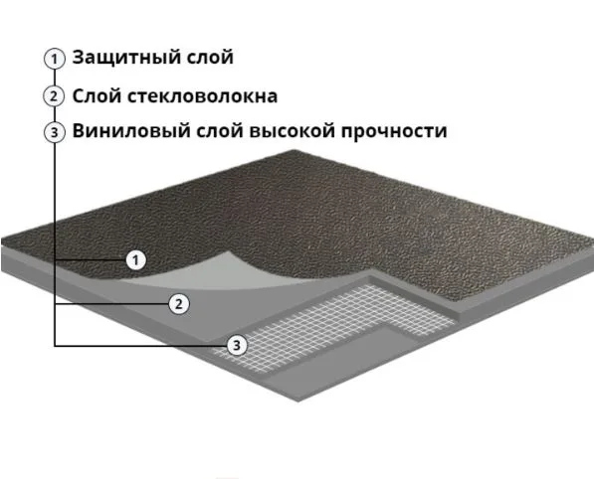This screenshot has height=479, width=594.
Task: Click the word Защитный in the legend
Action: (x=125, y=59)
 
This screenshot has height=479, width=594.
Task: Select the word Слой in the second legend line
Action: (x=97, y=96)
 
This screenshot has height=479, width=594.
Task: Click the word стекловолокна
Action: (x=202, y=96)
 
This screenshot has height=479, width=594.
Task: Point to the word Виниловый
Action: (x=131, y=131)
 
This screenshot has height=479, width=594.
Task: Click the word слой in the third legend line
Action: (x=220, y=131)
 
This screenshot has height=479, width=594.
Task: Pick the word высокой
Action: (x=293, y=131)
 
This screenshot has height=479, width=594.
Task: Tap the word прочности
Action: (x=394, y=132)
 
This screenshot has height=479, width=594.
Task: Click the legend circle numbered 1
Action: (x=55, y=59)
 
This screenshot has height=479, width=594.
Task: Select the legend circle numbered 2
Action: (x=54, y=96)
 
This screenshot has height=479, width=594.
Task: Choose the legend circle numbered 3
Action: (x=55, y=132)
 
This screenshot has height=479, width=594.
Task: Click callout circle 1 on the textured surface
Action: (x=135, y=260)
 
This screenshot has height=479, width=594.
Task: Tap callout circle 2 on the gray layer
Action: (x=178, y=304)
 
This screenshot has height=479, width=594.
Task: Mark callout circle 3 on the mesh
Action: (x=237, y=345)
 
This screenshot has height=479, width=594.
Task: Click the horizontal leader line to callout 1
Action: (x=91, y=260)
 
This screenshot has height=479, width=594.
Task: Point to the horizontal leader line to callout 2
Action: (x=111, y=304)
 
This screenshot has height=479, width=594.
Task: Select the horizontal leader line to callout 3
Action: (x=140, y=346)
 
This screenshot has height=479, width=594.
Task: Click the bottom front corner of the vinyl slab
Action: (x=298, y=401)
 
